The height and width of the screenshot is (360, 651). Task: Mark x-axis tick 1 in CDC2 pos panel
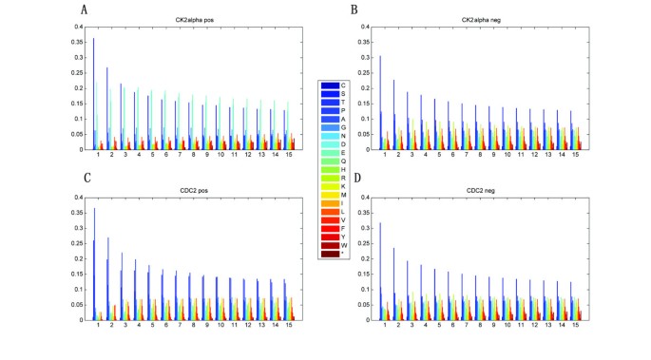(97, 325)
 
